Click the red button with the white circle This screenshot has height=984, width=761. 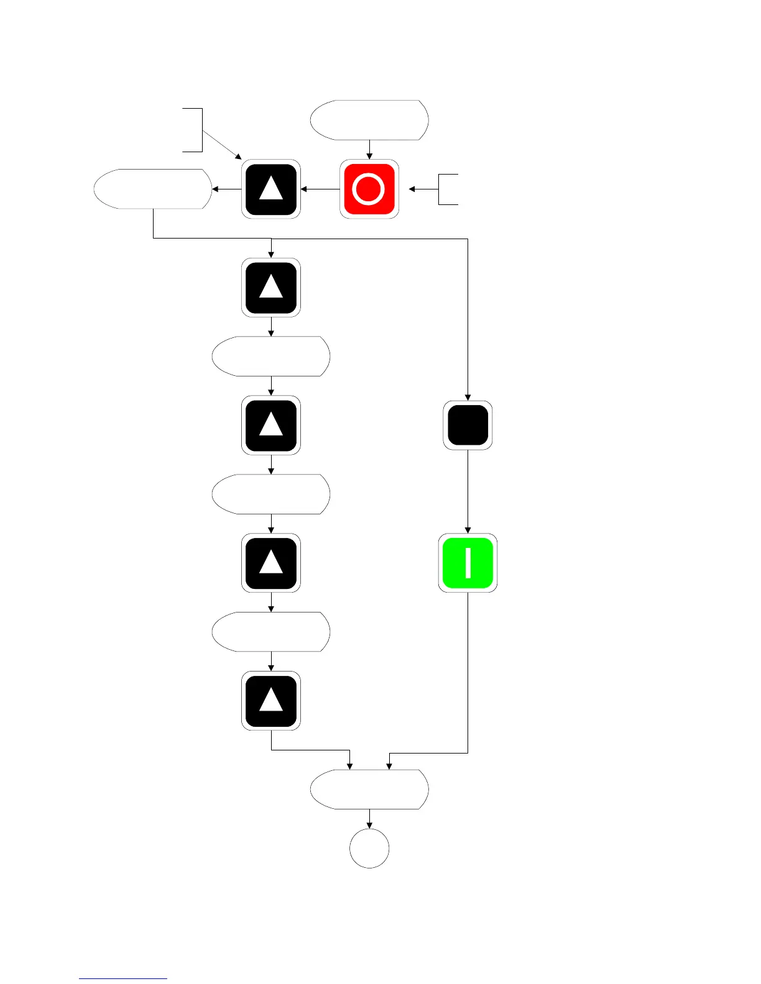[x=369, y=189]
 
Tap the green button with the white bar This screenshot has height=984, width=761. [x=468, y=563]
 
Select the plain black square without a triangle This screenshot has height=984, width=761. [x=468, y=425]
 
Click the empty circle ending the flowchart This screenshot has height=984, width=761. [x=369, y=848]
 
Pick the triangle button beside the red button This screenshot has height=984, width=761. [x=271, y=189]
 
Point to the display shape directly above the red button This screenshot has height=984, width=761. [x=369, y=120]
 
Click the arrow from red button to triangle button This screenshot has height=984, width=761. [x=320, y=189]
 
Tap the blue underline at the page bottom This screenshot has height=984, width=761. [x=123, y=978]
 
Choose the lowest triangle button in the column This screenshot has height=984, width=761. [x=271, y=700]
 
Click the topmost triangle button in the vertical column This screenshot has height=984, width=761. [x=271, y=288]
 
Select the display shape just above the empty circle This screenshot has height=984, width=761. [x=369, y=789]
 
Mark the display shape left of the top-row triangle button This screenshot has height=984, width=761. [x=153, y=189]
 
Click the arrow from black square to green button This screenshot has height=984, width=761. [x=468, y=491]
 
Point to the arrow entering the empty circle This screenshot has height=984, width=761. [x=369, y=819]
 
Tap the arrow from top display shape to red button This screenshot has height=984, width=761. [x=369, y=150]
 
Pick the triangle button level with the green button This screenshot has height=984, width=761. [x=271, y=563]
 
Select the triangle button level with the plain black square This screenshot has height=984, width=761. [x=271, y=425]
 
